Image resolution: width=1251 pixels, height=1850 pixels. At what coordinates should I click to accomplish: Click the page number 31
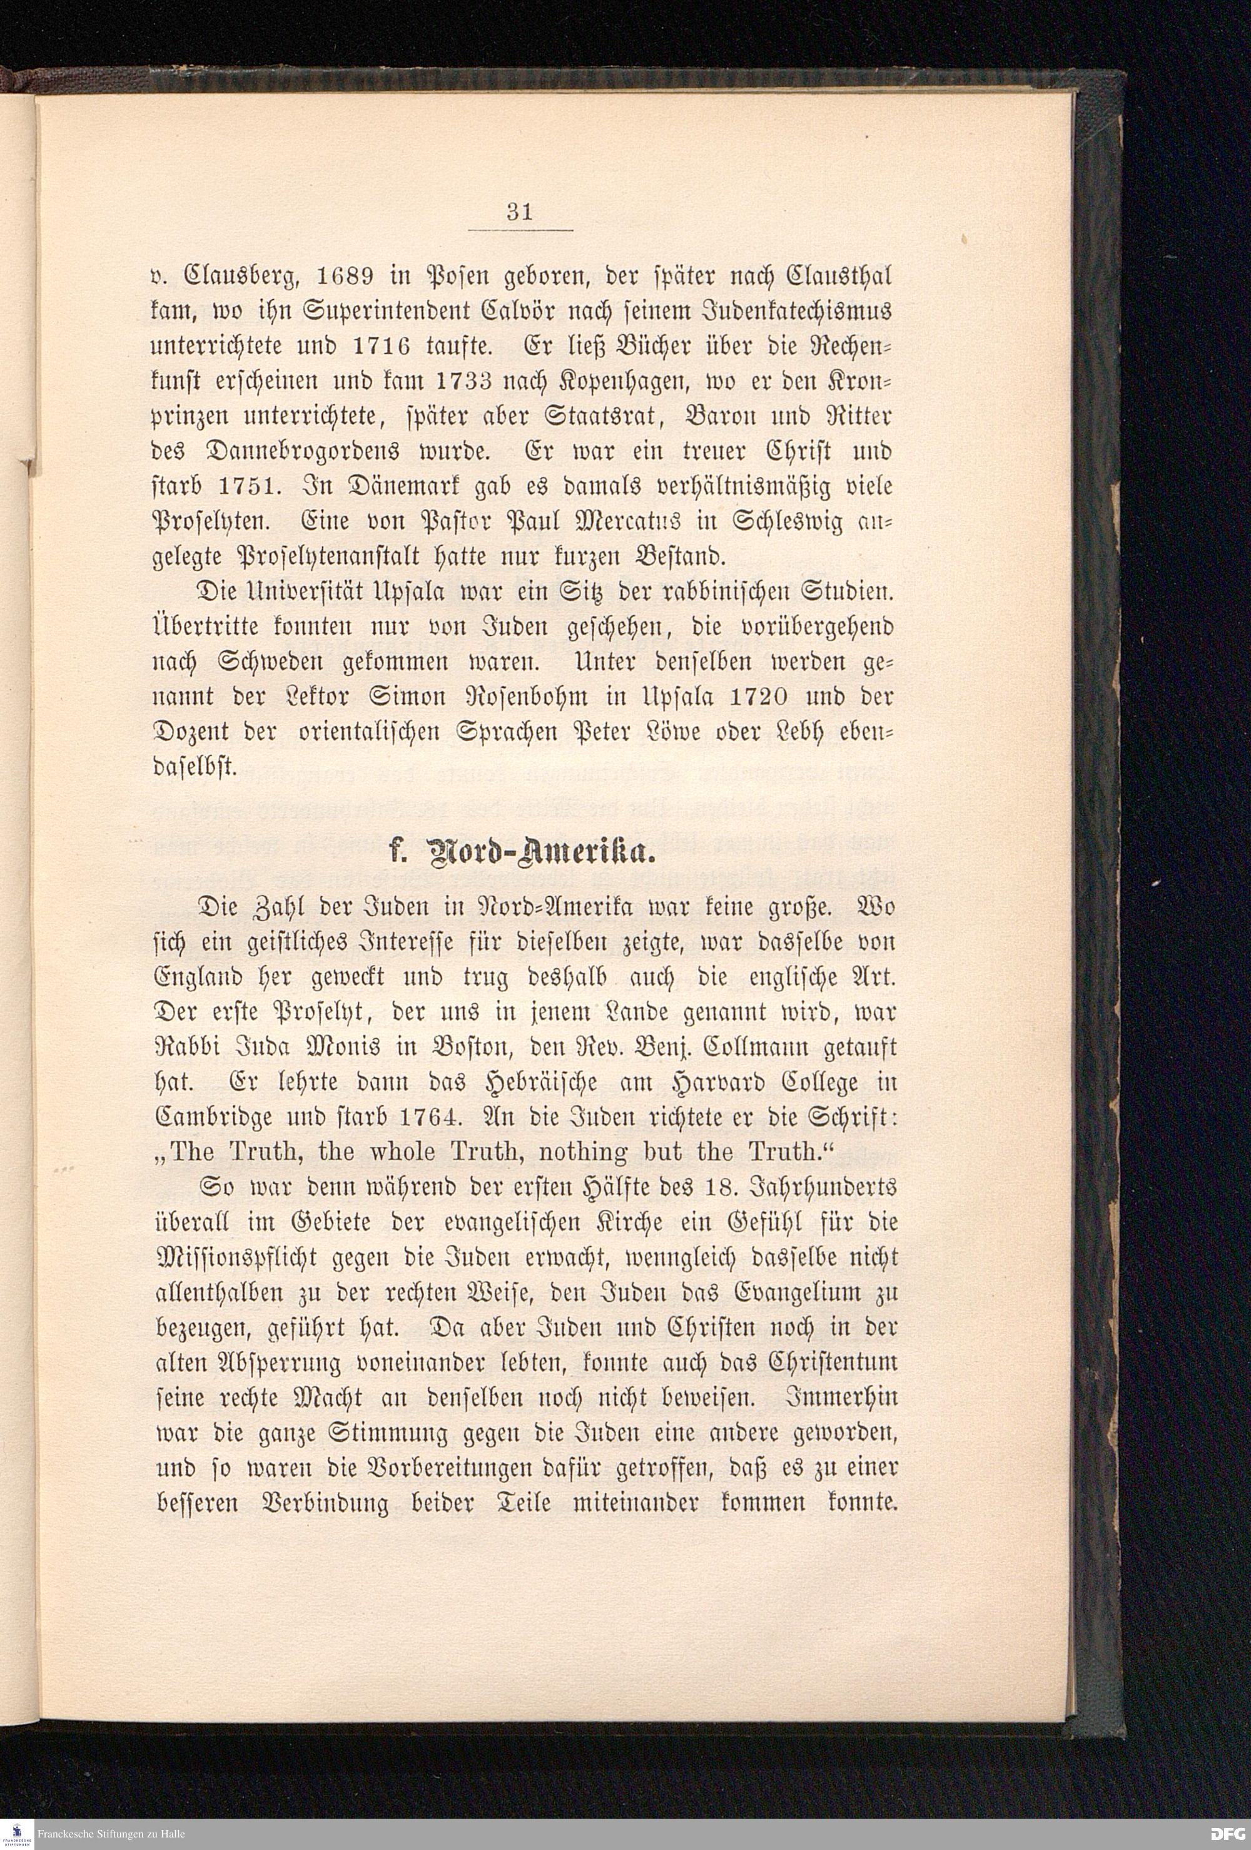coord(519,212)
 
